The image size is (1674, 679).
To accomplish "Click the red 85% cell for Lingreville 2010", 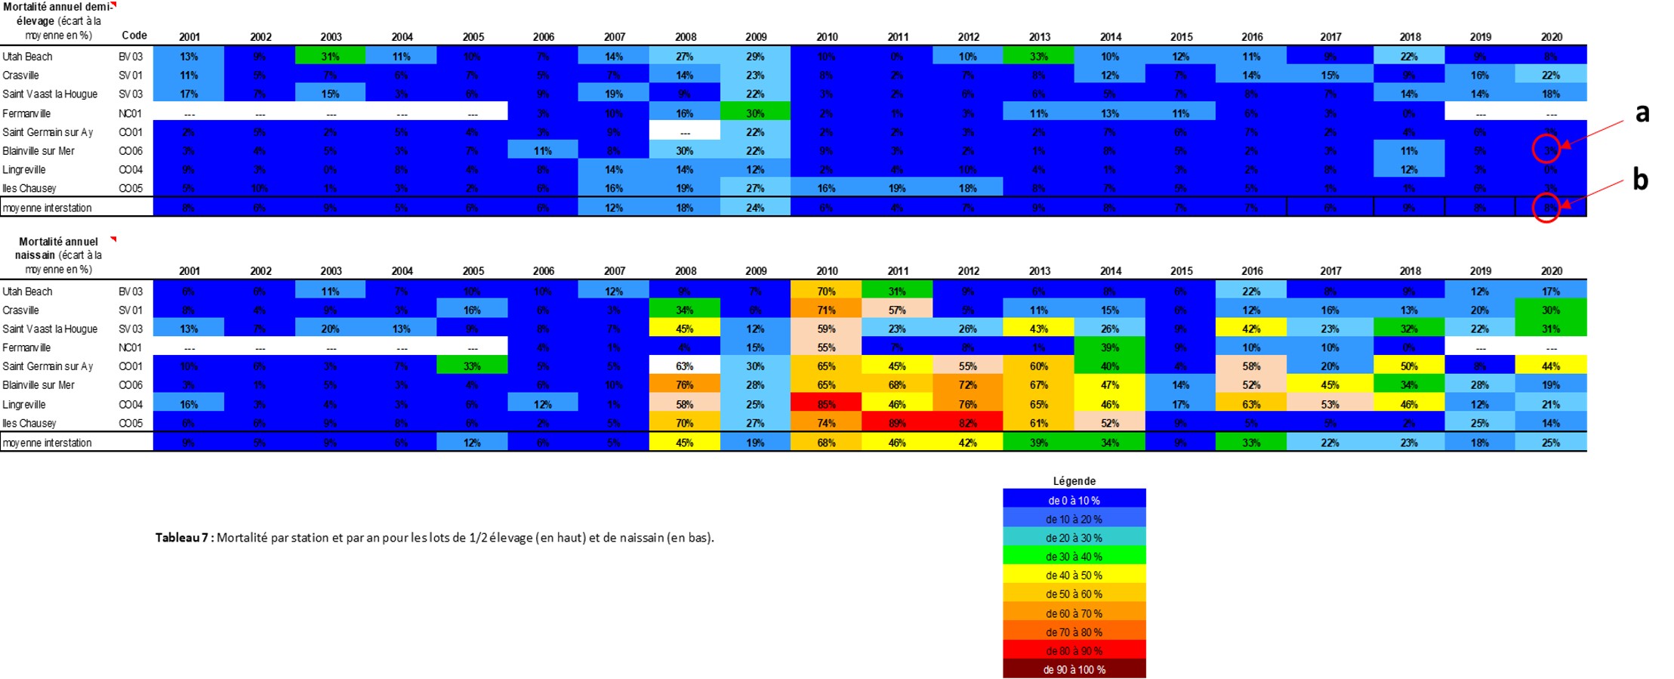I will click(826, 404).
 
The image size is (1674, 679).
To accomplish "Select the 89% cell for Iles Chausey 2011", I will click(897, 423).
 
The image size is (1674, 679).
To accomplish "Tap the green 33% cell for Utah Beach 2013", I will click(1039, 56).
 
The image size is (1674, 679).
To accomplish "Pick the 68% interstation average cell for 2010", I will click(826, 443).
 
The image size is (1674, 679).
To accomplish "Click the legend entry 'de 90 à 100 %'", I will click(1074, 669).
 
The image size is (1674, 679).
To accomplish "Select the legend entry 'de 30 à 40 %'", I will click(1074, 557).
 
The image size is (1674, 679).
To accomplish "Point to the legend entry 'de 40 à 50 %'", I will click(1074, 576).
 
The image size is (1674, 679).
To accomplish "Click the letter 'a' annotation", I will click(1642, 113).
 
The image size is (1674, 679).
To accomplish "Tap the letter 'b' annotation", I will click(1640, 180).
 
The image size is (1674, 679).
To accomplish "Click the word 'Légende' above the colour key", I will click(1074, 481).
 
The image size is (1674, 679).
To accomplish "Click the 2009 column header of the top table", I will click(756, 36).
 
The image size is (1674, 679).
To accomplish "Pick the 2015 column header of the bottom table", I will click(1181, 270).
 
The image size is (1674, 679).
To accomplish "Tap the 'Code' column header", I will click(134, 35).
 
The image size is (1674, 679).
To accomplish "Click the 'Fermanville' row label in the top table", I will click(27, 113).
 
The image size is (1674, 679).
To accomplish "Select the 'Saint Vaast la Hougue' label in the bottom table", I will click(50, 329).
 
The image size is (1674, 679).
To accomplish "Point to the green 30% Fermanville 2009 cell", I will click(755, 113).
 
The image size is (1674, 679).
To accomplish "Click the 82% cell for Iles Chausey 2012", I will click(968, 423).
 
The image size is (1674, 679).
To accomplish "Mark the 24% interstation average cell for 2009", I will click(755, 208).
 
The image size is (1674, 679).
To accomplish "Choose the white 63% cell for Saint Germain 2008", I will click(684, 366).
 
